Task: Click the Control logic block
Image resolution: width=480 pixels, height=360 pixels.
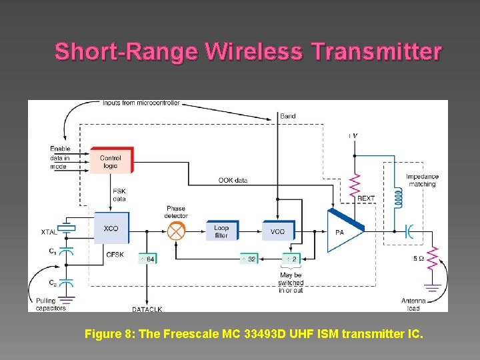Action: click(111, 162)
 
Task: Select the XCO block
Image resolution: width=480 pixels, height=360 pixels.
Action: click(111, 229)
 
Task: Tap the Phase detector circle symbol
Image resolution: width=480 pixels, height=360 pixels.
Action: click(176, 231)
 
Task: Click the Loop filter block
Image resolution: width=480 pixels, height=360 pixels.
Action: click(221, 231)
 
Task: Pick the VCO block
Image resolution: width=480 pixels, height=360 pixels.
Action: click(277, 231)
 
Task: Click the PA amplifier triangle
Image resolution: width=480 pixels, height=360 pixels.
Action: click(341, 231)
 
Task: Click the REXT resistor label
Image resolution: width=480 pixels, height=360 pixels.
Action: click(366, 199)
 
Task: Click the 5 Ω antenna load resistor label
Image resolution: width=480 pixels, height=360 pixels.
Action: click(419, 259)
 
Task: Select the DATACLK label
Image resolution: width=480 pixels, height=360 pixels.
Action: click(147, 309)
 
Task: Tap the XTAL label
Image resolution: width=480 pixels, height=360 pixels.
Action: click(49, 232)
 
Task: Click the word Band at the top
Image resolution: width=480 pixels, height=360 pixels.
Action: click(287, 116)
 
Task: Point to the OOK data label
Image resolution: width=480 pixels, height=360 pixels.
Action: click(233, 180)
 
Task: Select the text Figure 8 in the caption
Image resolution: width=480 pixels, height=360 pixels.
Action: click(109, 334)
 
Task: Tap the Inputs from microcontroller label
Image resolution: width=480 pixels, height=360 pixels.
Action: click(141, 103)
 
